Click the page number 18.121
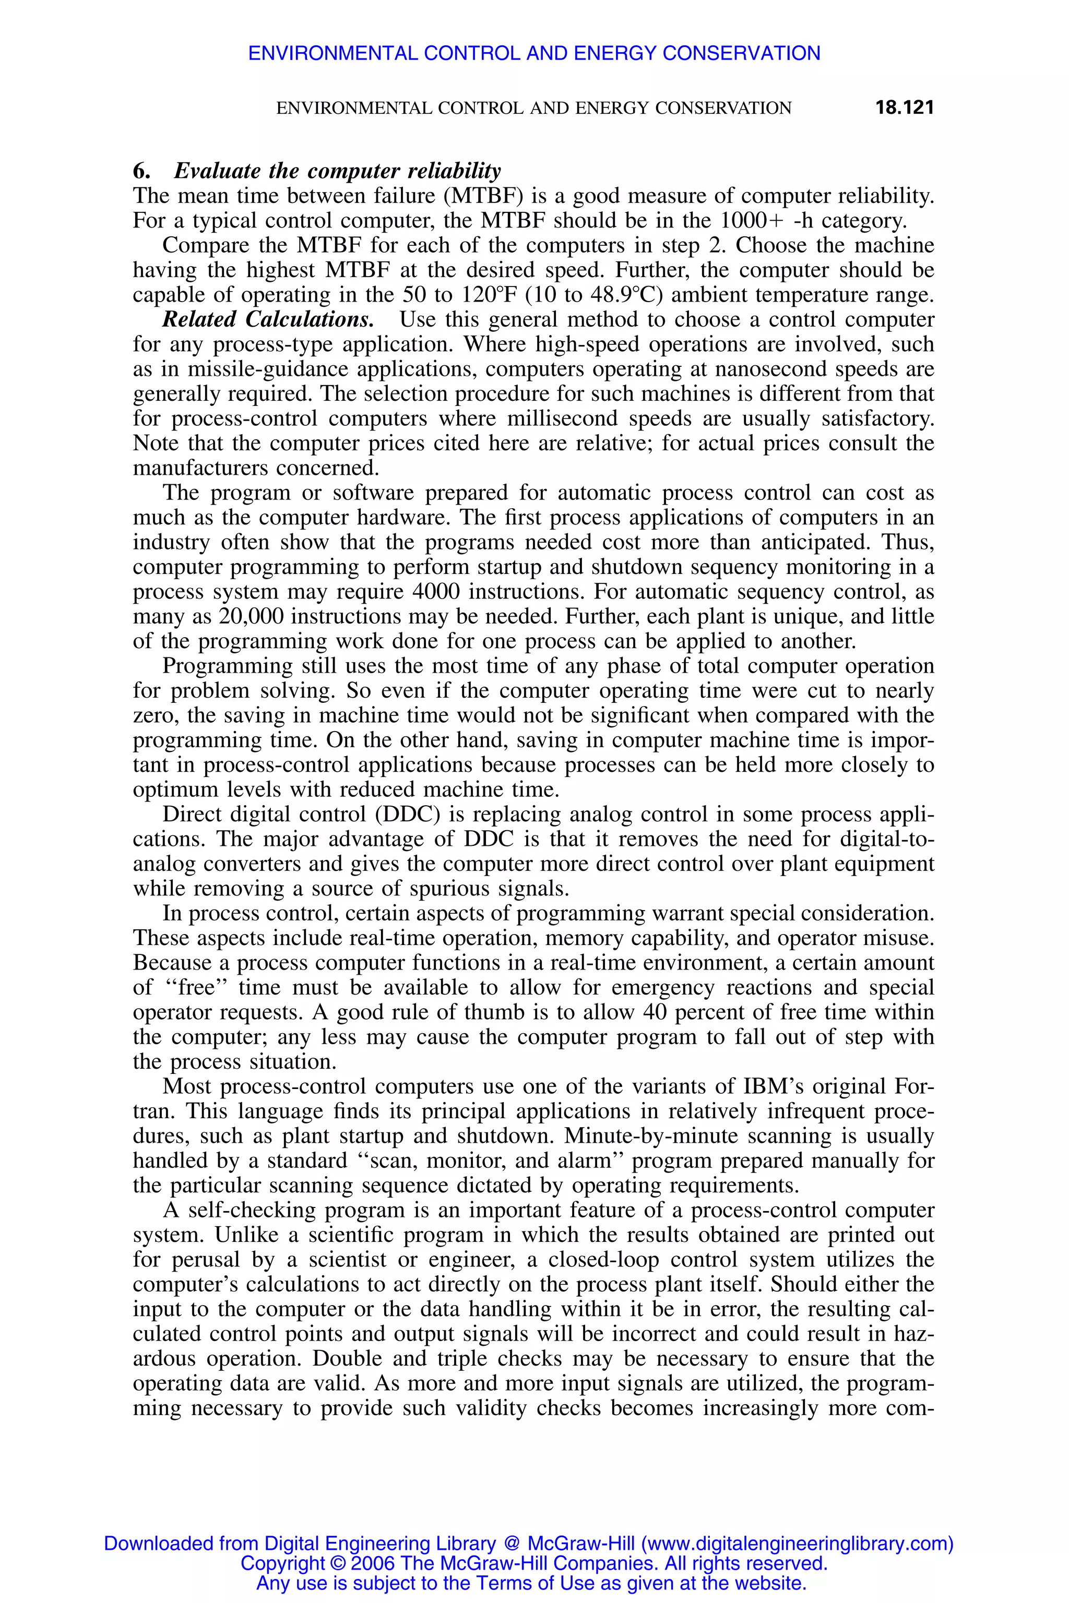pyautogui.click(x=904, y=107)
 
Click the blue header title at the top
pyautogui.click(x=534, y=53)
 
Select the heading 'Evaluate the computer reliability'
pyautogui.click(x=338, y=171)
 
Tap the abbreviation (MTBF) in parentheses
pyautogui.click(x=483, y=196)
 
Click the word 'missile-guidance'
pyautogui.click(x=268, y=369)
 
